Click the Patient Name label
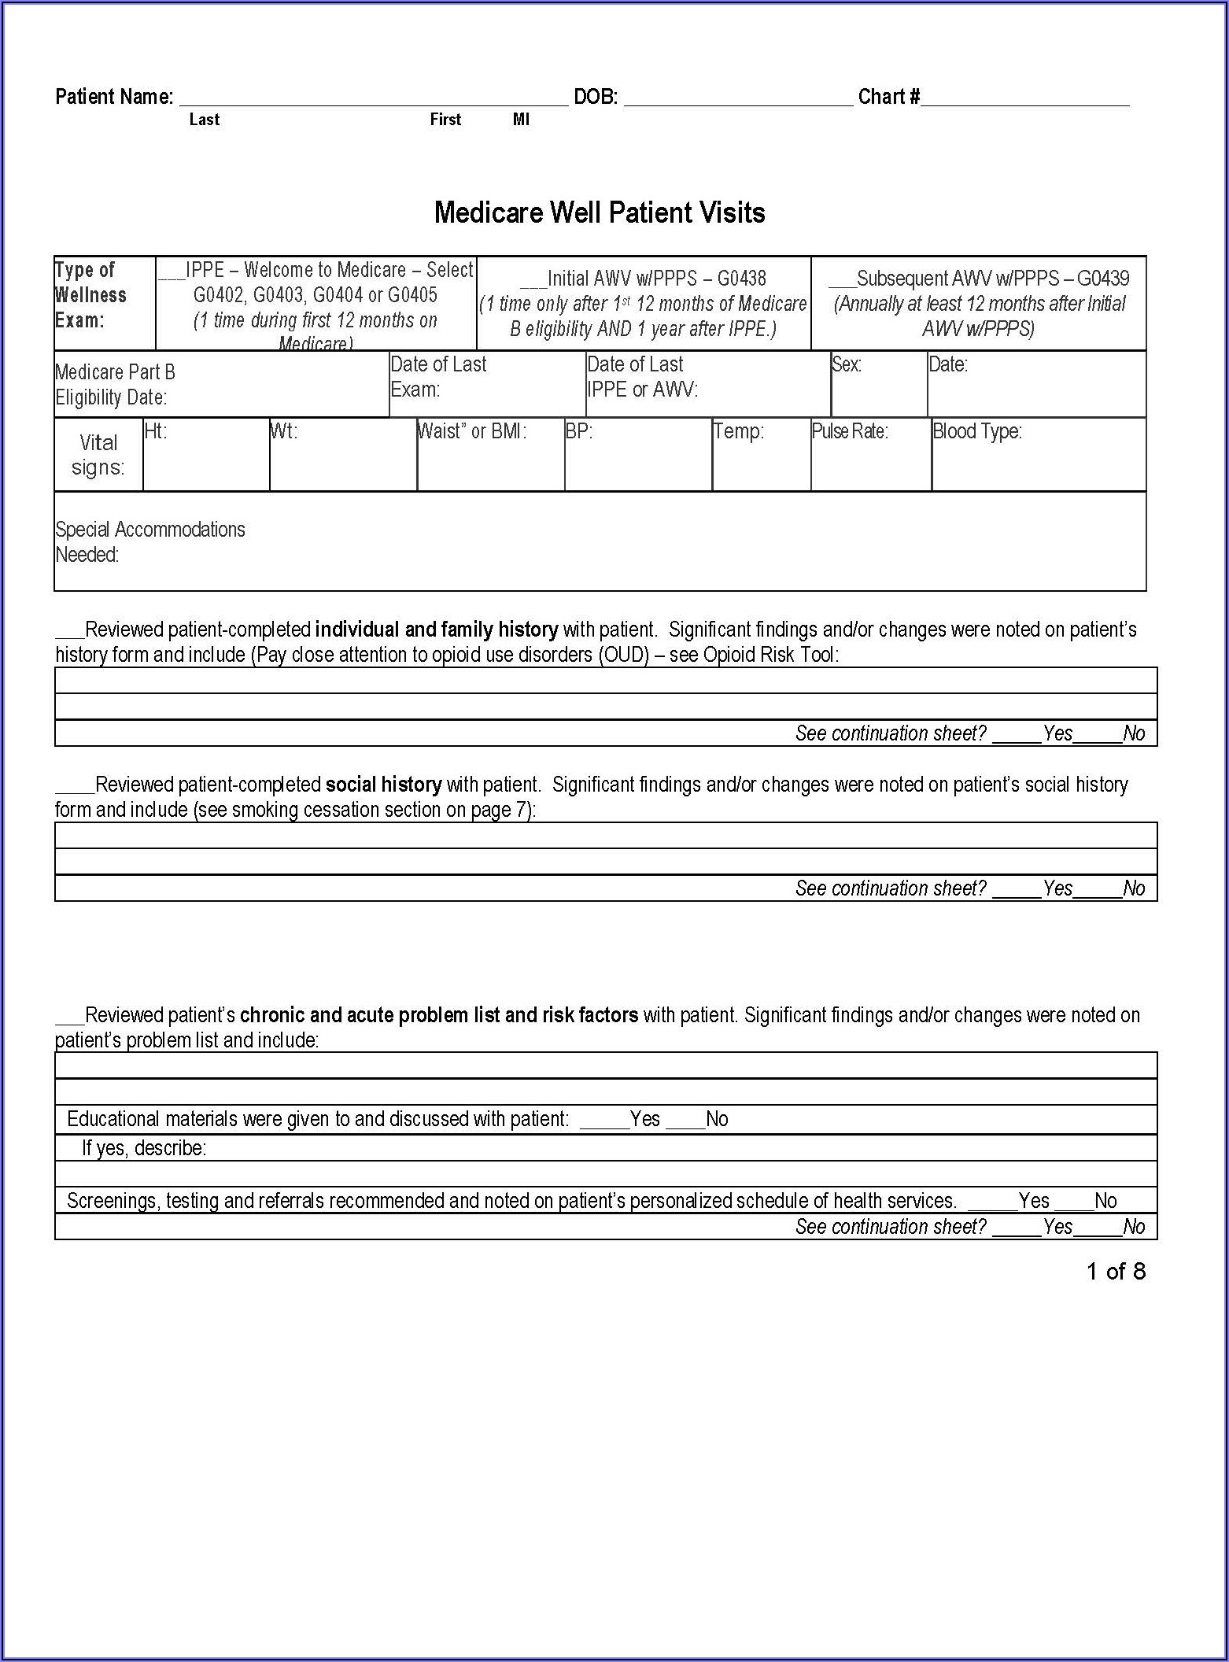click(x=114, y=97)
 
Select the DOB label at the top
click(x=596, y=97)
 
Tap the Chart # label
click(x=889, y=97)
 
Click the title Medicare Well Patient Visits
click(x=600, y=212)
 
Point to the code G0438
click(x=741, y=279)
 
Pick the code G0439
click(x=1103, y=279)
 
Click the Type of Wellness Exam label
click(x=90, y=295)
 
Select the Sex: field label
click(x=847, y=364)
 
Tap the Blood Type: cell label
click(x=977, y=431)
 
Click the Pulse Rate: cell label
click(x=850, y=431)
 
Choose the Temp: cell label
click(x=739, y=431)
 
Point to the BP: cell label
click(x=579, y=431)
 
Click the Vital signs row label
click(x=98, y=455)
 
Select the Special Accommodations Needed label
click(x=149, y=541)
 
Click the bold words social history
click(x=383, y=785)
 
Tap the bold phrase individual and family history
click(x=437, y=630)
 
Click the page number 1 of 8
click(x=1116, y=1271)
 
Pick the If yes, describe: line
click(x=144, y=1148)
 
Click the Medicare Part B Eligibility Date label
click(x=115, y=384)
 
